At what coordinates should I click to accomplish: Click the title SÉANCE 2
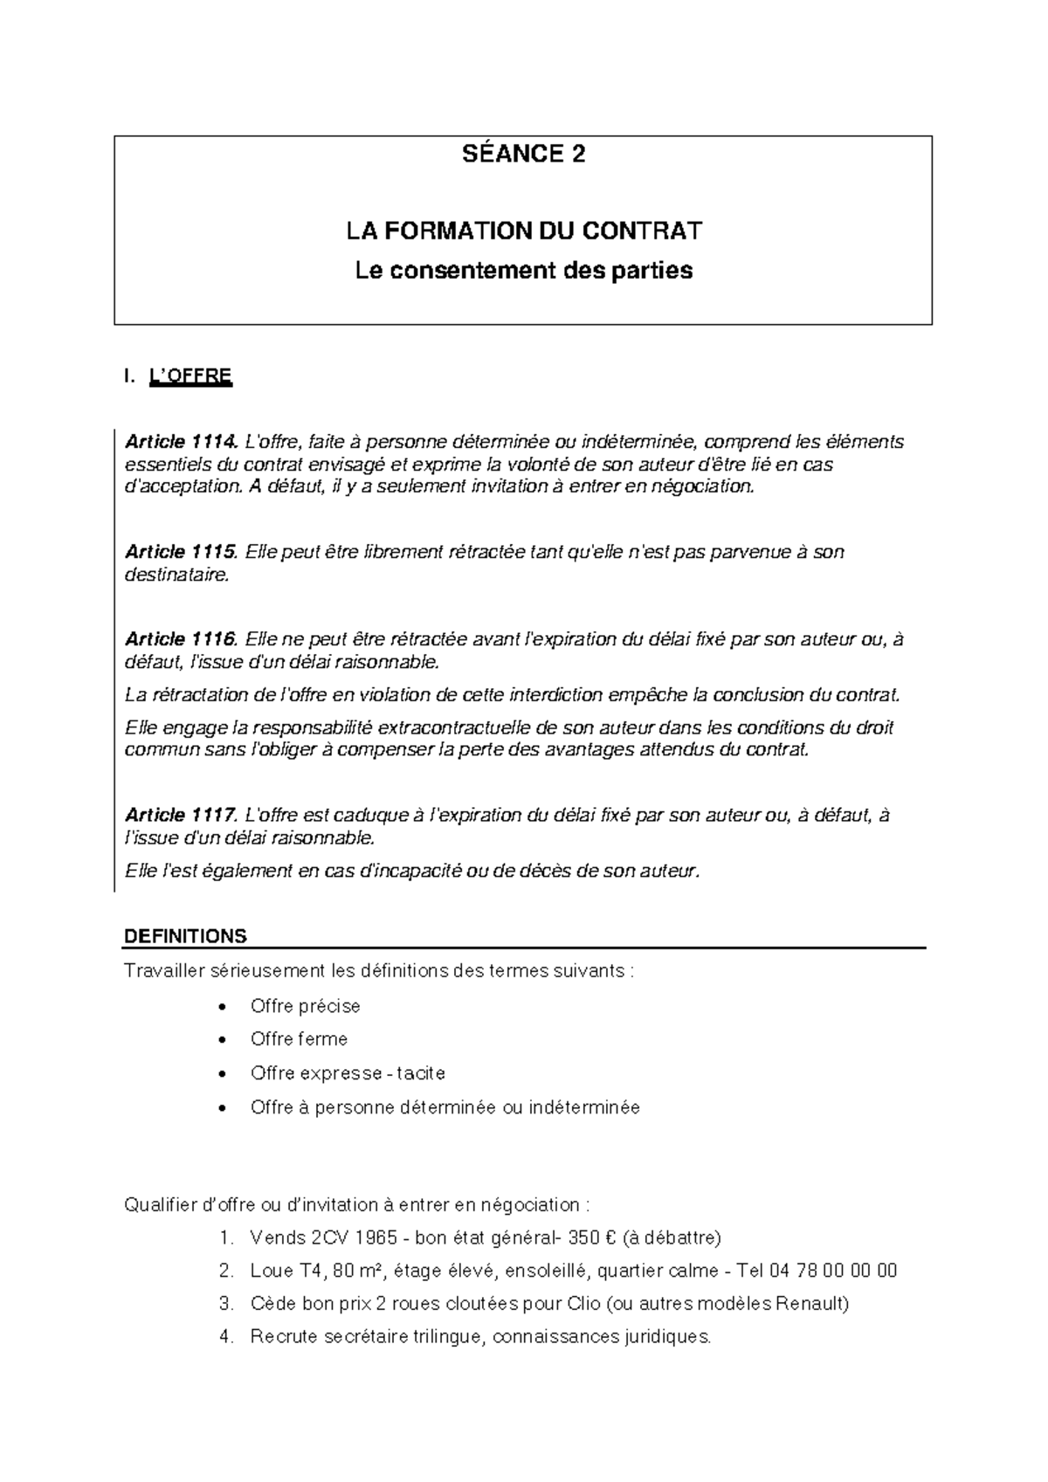point(523,155)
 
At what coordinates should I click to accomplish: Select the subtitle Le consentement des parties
point(523,271)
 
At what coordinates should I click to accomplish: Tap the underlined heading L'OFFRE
point(190,376)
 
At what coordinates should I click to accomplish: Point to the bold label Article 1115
point(181,552)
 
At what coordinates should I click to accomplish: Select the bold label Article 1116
point(181,639)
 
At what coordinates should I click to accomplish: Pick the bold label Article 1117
point(181,815)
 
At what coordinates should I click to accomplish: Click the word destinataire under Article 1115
point(177,575)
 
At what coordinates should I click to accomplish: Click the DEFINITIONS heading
point(186,936)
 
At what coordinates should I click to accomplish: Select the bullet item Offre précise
point(305,1006)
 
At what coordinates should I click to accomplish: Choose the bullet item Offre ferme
point(299,1039)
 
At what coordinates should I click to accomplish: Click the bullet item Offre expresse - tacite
point(348,1073)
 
